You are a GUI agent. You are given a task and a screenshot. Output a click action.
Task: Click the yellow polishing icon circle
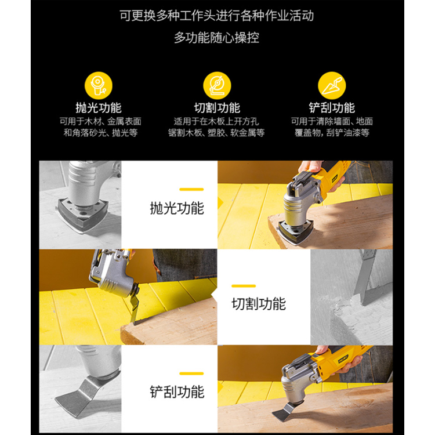point(99,86)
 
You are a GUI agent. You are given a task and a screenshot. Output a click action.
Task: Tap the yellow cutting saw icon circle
point(217,86)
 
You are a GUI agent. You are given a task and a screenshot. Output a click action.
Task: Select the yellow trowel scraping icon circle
point(332,86)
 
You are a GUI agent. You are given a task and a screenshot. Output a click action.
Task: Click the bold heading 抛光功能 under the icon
point(99,108)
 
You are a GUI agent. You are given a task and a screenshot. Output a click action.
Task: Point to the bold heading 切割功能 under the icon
point(217,108)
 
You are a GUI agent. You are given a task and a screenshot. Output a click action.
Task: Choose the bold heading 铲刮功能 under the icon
point(332,108)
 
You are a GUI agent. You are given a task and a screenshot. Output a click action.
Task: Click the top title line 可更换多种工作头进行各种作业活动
point(217,16)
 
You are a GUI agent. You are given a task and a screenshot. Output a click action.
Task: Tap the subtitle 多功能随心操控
point(217,38)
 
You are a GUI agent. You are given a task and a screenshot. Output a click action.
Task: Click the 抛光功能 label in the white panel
point(177,208)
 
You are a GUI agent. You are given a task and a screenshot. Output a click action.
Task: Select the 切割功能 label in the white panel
point(259,304)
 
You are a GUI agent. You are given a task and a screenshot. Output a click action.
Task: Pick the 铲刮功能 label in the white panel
point(177,391)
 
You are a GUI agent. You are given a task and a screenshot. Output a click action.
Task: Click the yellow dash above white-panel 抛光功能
point(191,190)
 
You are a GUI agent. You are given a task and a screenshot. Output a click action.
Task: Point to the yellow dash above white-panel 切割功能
point(244,286)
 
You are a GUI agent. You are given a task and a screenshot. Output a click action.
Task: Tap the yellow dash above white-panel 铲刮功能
point(191,374)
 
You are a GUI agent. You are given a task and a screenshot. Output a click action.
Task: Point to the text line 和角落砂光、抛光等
point(100,133)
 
